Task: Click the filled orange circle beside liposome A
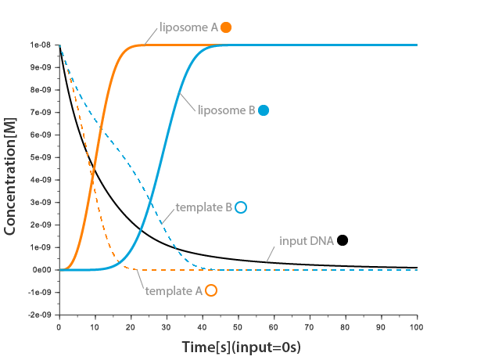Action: point(226,27)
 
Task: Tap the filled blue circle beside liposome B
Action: point(264,110)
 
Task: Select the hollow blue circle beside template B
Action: point(241,207)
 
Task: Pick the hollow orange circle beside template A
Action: point(210,290)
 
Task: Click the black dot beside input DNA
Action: point(343,240)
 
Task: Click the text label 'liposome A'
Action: point(188,27)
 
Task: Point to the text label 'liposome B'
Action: point(226,110)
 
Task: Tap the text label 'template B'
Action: point(203,207)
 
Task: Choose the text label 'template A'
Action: point(173,290)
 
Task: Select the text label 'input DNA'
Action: point(307,240)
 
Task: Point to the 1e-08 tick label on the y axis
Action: point(41,45)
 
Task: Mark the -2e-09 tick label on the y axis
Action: point(39,315)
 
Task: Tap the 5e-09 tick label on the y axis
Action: point(41,157)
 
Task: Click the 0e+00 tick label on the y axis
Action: point(41,270)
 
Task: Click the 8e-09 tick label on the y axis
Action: point(41,90)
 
